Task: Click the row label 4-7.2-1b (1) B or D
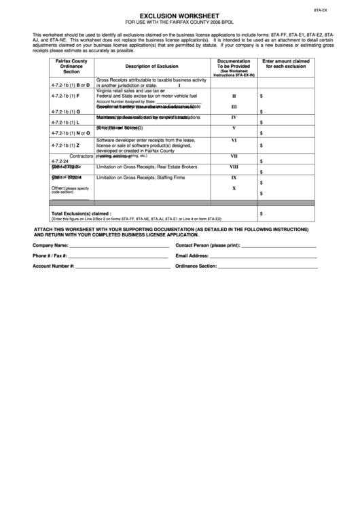coord(70,85)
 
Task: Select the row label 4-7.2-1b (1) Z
coord(65,145)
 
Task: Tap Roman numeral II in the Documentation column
coord(234,96)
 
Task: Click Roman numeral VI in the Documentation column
coord(234,141)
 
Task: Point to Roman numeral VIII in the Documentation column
coord(234,167)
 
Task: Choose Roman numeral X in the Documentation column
coord(234,188)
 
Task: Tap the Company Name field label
coord(51,245)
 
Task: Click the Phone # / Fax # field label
coord(50,256)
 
